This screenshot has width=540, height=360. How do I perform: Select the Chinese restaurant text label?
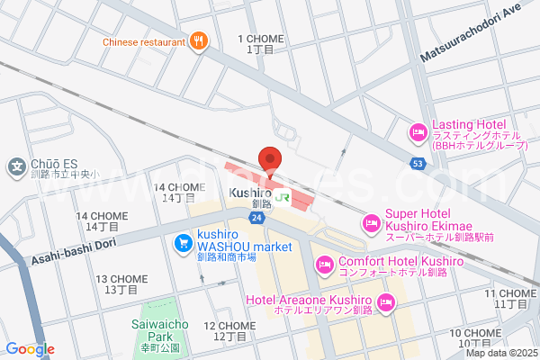(x=143, y=41)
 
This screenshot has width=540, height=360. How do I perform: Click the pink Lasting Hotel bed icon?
(x=418, y=133)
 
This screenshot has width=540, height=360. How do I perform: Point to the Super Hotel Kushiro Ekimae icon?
(x=371, y=222)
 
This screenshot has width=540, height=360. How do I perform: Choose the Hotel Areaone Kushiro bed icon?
(x=387, y=302)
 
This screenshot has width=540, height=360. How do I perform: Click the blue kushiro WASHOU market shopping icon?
(x=182, y=242)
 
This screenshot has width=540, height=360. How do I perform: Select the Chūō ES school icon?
(x=16, y=166)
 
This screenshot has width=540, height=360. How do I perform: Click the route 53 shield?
(x=417, y=164)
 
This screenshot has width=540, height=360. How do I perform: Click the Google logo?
(x=30, y=349)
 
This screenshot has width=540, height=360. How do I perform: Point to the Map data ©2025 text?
(x=500, y=353)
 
